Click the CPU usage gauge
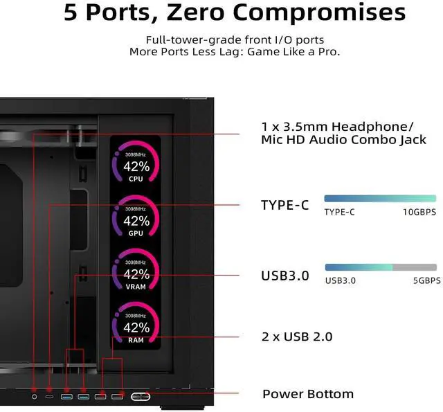click(x=136, y=162)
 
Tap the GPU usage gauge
click(x=136, y=217)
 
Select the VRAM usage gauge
click(x=136, y=270)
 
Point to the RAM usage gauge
click(x=136, y=323)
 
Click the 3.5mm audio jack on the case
click(x=35, y=396)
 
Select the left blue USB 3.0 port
click(x=67, y=396)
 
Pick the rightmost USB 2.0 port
click(x=117, y=396)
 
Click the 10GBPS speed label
click(x=420, y=212)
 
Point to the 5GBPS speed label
click(x=422, y=280)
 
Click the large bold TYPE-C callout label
click(x=284, y=205)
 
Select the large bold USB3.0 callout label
click(x=284, y=276)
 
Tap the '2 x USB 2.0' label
click(x=296, y=337)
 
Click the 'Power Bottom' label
click(x=307, y=394)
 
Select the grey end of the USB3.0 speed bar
click(x=415, y=267)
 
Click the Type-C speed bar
click(x=380, y=198)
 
